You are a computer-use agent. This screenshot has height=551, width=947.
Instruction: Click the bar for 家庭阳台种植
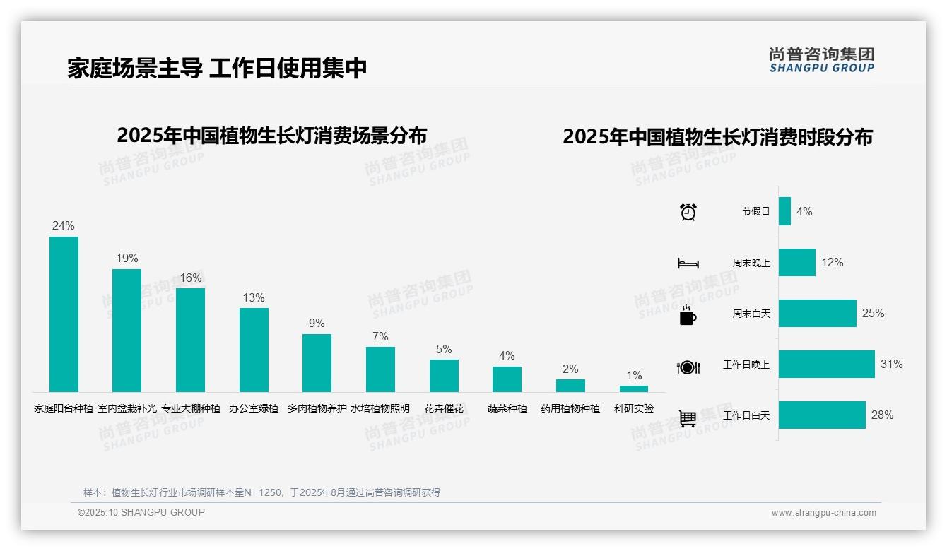[x=64, y=314]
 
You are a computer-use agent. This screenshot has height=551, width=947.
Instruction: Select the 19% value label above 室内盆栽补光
[x=127, y=259]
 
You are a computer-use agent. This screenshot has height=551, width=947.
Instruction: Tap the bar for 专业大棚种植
[x=190, y=340]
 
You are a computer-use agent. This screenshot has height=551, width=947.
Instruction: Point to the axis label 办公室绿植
[x=254, y=408]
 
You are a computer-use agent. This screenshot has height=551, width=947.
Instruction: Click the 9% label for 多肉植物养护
[x=317, y=324]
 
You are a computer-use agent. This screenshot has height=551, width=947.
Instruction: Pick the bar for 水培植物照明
[x=380, y=369]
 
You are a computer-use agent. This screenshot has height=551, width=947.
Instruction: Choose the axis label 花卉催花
[x=444, y=408]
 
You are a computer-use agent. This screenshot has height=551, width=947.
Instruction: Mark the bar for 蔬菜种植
[x=507, y=379]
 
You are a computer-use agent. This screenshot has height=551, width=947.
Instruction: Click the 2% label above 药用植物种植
[x=570, y=369]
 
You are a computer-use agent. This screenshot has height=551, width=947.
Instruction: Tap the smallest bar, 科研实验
[x=634, y=389]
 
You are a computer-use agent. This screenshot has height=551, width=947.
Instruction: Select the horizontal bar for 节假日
[x=784, y=211]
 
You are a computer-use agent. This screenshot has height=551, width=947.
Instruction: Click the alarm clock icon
[x=688, y=212]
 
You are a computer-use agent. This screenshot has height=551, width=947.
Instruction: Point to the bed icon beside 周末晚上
[x=688, y=263]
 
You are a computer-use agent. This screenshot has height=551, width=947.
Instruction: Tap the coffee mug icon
[x=688, y=315]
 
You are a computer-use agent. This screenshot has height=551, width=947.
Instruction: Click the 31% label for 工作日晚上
[x=892, y=365]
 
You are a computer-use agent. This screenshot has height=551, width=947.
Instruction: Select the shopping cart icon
[x=688, y=418]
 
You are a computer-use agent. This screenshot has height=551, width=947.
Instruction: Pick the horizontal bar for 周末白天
[x=817, y=314]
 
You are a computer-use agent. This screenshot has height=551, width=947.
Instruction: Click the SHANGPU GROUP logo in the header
[x=822, y=60]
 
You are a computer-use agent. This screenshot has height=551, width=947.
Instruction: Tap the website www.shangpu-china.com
[x=823, y=513]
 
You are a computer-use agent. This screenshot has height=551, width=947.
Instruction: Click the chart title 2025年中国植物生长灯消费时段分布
[x=717, y=137]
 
